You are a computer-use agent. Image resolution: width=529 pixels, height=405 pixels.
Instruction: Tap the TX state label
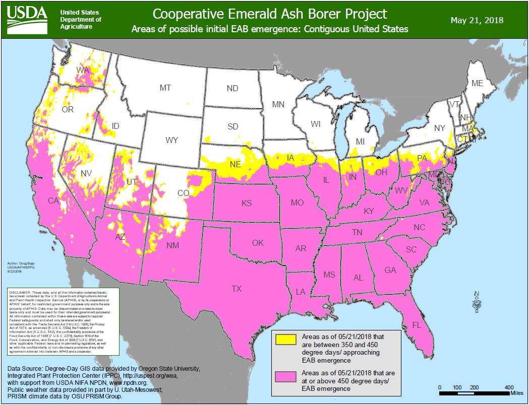click(236, 289)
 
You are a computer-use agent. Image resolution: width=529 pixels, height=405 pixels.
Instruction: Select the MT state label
click(165, 88)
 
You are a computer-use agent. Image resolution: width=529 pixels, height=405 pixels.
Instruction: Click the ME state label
click(477, 83)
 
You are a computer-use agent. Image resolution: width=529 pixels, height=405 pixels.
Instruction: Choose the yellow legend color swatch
click(286, 339)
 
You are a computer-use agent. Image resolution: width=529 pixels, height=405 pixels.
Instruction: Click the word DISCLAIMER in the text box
click(21, 292)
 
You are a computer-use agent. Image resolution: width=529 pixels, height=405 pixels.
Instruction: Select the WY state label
click(172, 140)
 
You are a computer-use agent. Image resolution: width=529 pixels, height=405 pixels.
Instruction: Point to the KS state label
click(247, 204)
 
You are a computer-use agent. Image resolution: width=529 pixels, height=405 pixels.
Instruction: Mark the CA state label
click(53, 201)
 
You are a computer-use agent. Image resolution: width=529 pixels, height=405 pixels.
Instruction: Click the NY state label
click(440, 128)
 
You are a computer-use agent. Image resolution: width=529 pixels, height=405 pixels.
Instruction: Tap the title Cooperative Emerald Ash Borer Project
click(270, 14)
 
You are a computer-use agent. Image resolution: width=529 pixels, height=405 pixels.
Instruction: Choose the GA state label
click(390, 270)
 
